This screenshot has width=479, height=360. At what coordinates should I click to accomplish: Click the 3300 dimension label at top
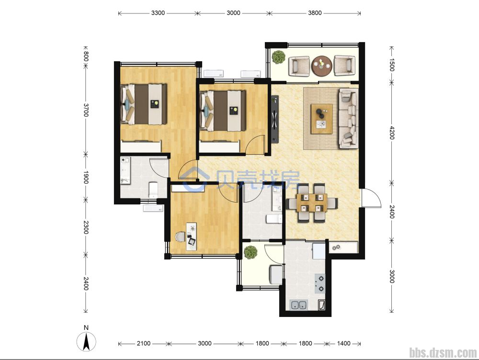coord(158,13)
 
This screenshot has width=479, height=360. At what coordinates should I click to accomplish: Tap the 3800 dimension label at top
coord(315,13)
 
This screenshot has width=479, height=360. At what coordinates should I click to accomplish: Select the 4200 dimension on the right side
coord(392,133)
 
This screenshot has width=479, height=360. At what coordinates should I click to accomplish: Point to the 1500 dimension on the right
coord(392,65)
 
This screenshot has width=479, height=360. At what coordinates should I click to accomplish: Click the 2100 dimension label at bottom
coord(144,344)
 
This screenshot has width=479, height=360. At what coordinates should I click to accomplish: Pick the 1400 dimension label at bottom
coord(343,344)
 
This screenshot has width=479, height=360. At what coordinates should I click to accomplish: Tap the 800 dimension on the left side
coord(86,56)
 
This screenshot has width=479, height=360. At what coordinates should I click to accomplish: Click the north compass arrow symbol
coord(86,341)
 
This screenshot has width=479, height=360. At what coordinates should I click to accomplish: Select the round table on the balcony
coord(322,65)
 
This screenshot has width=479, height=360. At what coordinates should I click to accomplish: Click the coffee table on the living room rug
coord(322,119)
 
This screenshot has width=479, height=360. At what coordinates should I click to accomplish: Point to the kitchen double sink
coord(299,305)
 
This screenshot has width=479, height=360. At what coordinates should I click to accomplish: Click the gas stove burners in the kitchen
coord(320,283)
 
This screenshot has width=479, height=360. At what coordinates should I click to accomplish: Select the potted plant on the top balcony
coord(279,57)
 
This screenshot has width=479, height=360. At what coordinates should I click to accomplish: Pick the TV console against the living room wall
coord(275,119)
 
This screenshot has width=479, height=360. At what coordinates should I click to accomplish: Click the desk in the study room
coord(191,236)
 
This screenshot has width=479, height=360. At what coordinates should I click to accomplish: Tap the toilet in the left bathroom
coord(153,189)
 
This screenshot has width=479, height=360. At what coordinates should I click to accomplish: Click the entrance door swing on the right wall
coord(371,198)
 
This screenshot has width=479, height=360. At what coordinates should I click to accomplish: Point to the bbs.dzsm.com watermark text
coord(443,353)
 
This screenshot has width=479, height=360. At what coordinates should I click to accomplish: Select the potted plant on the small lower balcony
coord(251,252)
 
